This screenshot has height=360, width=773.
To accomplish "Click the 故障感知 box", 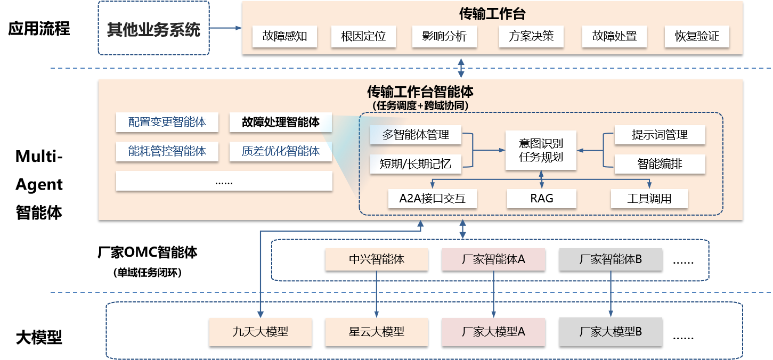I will pos(284,37).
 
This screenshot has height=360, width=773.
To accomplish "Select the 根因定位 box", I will pos(363,37).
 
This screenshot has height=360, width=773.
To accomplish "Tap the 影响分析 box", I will pos(444,37).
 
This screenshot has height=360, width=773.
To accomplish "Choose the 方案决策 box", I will pos(531,37).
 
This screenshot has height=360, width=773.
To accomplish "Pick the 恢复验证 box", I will pos(697,37).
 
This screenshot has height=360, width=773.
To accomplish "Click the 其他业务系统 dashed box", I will pos(153,28).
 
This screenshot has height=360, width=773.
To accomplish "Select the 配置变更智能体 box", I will pos(167,122).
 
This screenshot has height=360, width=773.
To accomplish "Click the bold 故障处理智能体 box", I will pos(280,122).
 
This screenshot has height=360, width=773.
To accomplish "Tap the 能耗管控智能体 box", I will pos(167,151).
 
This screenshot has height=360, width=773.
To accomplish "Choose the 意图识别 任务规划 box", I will pos(541,151).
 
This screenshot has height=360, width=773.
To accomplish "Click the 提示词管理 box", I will pos(660,135).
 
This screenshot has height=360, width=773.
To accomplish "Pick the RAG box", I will pos(541,199).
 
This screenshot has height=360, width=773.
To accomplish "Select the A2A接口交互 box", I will pos(432,199).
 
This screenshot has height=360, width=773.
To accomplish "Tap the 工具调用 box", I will pos(649,199).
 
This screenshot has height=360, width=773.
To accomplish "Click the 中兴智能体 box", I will pos(377,259).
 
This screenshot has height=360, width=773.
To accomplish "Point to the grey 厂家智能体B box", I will pos(611,259).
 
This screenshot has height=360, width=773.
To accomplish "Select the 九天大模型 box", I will pos(261,332).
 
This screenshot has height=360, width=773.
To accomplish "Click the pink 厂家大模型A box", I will pos(493,332).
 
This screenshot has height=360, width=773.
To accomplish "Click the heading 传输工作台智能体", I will pos(420,92).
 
